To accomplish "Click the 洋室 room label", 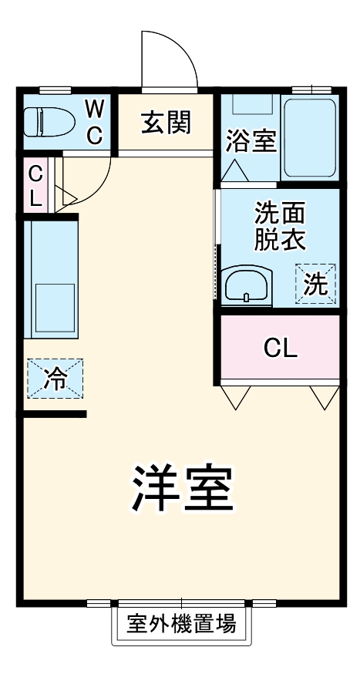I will coord(181,490).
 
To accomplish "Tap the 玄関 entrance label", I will coord(165,122).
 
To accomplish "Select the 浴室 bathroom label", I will coord(251,141).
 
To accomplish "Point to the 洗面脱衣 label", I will coord(280,224).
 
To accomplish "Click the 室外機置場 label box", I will coord(181,624).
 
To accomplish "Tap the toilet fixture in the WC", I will coord(48,121).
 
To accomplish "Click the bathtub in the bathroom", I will coord(309,137).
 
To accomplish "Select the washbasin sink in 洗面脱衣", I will coord(246,286).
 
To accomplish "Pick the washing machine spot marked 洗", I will coord(316,284).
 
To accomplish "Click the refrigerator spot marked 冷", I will coord(56,379).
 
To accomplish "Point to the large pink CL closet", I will coord(281,348).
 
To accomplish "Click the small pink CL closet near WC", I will coord(35,185).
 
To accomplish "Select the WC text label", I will coord(93,121).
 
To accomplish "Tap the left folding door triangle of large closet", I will coord(236,396).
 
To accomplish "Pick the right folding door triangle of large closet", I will coord(325,396).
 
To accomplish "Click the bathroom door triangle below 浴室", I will coord(234,173).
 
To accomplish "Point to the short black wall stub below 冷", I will coord(53,414).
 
